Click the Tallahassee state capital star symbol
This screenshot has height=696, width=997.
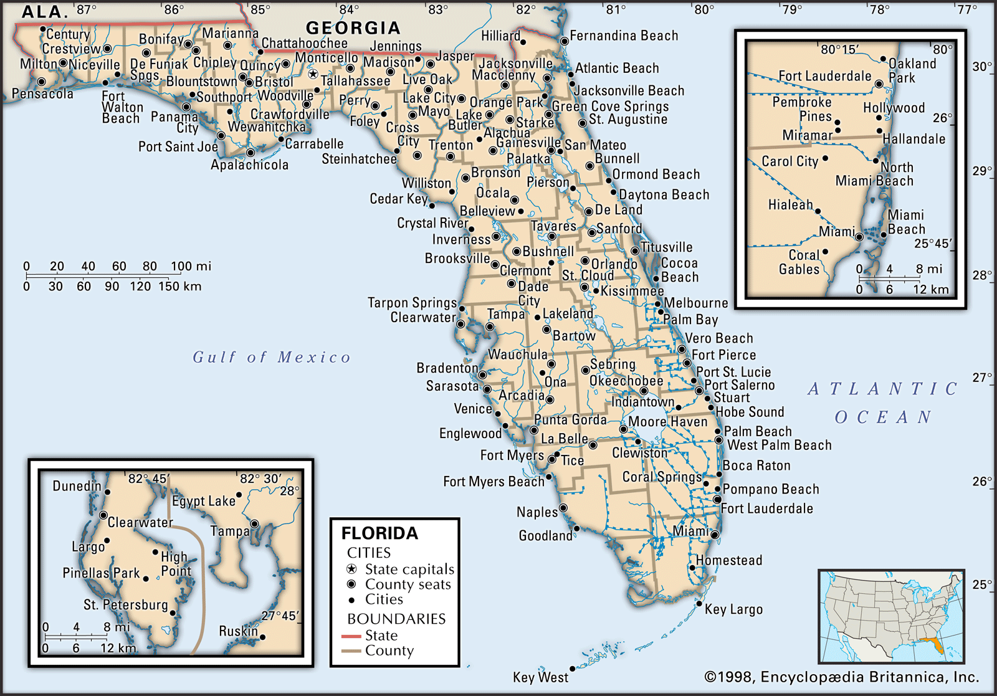click(x=313, y=74)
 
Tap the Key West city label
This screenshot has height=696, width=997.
click(x=540, y=677)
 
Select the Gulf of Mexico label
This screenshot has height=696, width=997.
click(x=271, y=357)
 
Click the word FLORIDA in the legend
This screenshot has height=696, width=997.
click(x=379, y=533)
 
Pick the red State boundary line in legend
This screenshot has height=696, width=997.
click(x=351, y=636)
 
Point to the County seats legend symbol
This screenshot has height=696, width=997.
click(x=351, y=584)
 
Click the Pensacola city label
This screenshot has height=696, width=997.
click(x=42, y=94)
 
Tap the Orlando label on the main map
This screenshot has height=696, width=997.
click(x=614, y=264)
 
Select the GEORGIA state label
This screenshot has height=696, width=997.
click(x=353, y=28)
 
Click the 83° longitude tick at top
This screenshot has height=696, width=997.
click(x=437, y=10)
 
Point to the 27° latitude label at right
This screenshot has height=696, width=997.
click(x=981, y=378)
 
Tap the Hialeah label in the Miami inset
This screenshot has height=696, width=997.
click(x=790, y=204)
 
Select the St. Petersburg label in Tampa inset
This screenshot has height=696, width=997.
click(x=126, y=604)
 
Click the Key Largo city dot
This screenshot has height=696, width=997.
click(x=699, y=603)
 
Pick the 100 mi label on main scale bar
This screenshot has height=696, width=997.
click(x=191, y=267)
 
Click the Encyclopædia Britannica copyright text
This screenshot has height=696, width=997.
click(x=841, y=677)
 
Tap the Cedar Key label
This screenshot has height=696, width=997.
click(x=399, y=199)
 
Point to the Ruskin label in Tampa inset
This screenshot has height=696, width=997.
click(x=238, y=631)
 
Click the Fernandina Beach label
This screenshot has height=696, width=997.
click(x=624, y=36)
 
